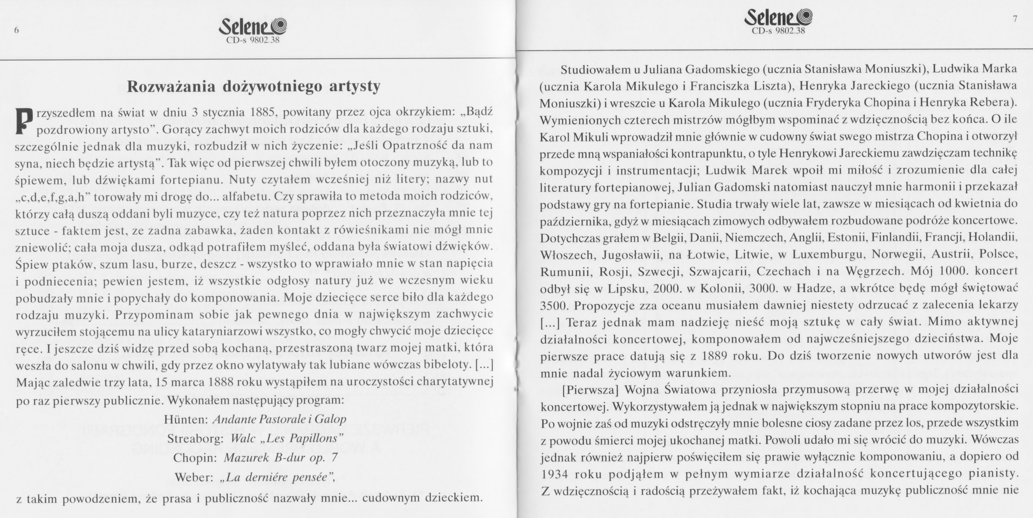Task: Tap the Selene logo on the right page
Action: pos(778,18)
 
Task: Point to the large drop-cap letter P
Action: pos(24,120)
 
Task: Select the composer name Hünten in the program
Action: pos(185,419)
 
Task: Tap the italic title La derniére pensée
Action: pos(277,477)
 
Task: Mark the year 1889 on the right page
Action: pos(716,356)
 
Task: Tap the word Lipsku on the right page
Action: pos(626,289)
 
